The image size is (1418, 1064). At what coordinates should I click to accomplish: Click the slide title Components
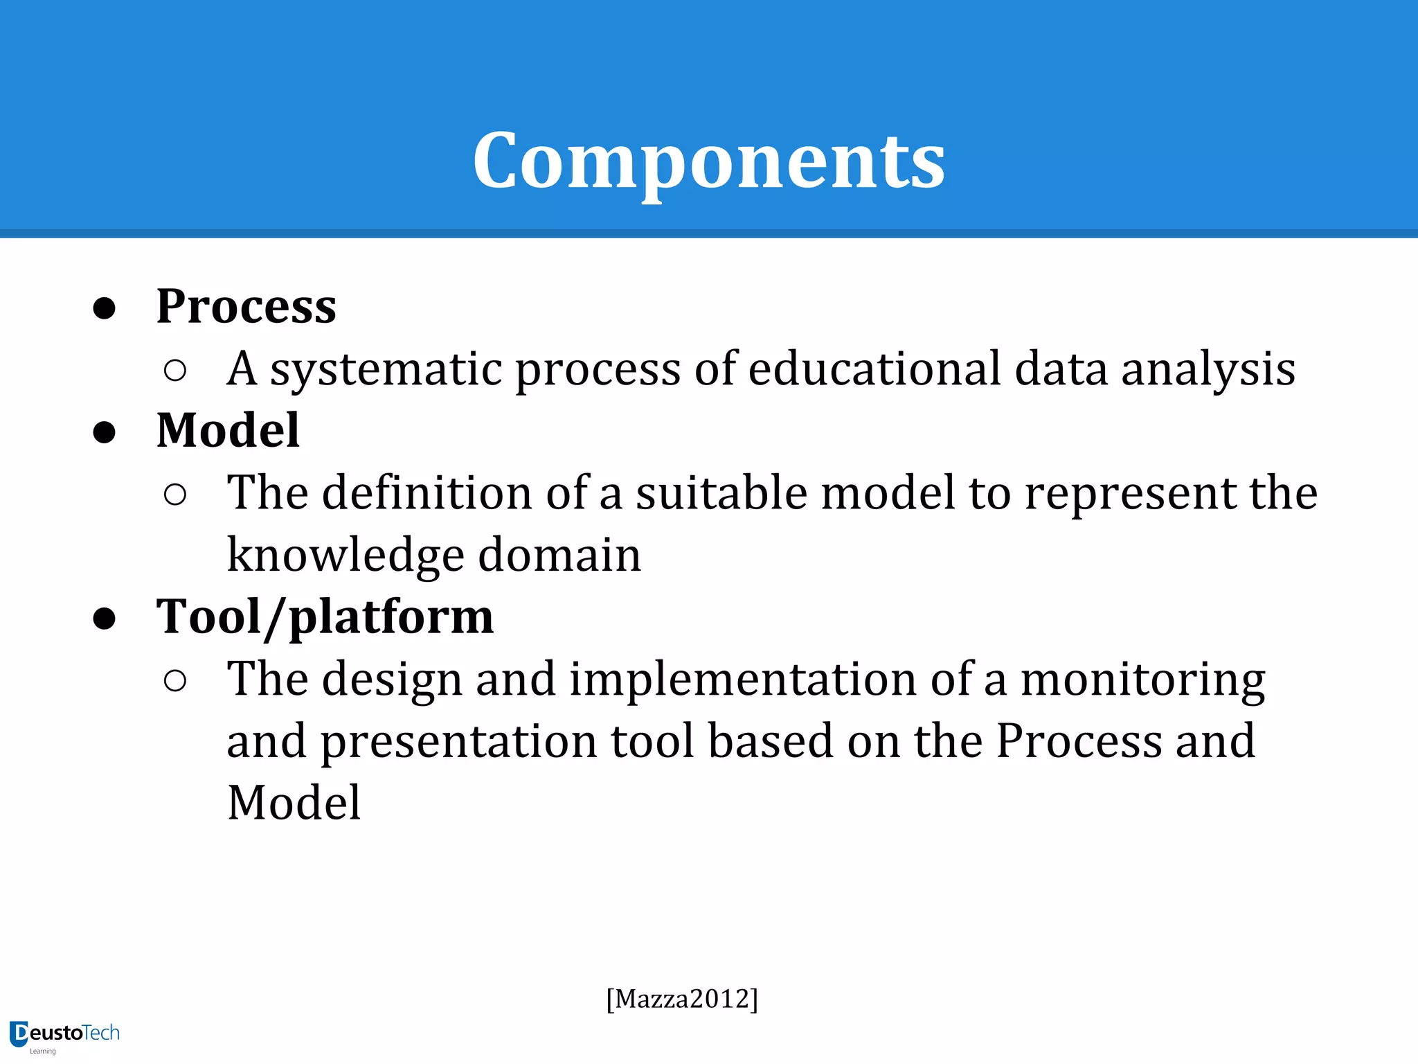tap(708, 161)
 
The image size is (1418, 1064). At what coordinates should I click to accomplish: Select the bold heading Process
tap(246, 306)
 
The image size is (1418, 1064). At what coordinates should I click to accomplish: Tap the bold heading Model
tap(228, 430)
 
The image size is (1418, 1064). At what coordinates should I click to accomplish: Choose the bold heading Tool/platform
tap(325, 617)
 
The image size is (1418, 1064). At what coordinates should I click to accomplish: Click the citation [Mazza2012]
tap(682, 999)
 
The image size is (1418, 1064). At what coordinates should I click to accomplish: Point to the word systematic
tap(386, 369)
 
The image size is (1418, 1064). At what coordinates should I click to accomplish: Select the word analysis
tap(1208, 369)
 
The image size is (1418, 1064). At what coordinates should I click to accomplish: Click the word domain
tap(559, 555)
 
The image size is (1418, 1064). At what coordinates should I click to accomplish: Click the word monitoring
tap(1142, 680)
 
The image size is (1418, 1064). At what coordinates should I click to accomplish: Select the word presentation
tap(458, 742)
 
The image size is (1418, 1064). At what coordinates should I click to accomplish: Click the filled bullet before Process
tap(105, 308)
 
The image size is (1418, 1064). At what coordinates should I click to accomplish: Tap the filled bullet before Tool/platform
tap(105, 619)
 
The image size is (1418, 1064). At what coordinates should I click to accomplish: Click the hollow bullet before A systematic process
tap(175, 371)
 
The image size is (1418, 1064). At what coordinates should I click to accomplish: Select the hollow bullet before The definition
tap(175, 495)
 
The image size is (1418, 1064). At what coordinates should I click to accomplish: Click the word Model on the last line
tap(294, 803)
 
